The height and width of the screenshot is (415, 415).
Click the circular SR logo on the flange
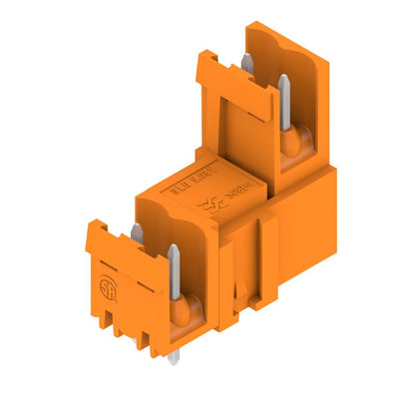point(102,290)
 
